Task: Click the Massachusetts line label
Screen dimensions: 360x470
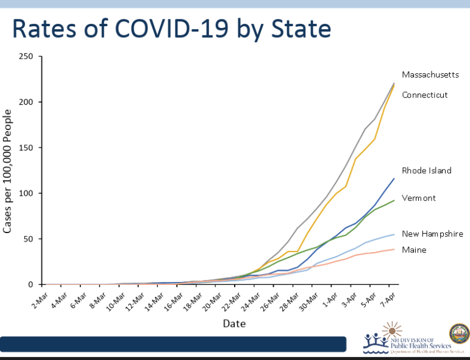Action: coord(430,74)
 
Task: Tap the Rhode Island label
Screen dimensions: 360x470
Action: coord(426,170)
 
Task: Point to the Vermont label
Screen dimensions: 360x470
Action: coord(419,198)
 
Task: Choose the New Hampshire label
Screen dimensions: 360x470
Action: coord(432,234)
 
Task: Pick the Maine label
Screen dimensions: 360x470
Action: coord(414,250)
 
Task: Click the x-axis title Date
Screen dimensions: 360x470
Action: coord(234,323)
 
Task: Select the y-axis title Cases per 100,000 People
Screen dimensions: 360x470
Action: coord(9,171)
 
